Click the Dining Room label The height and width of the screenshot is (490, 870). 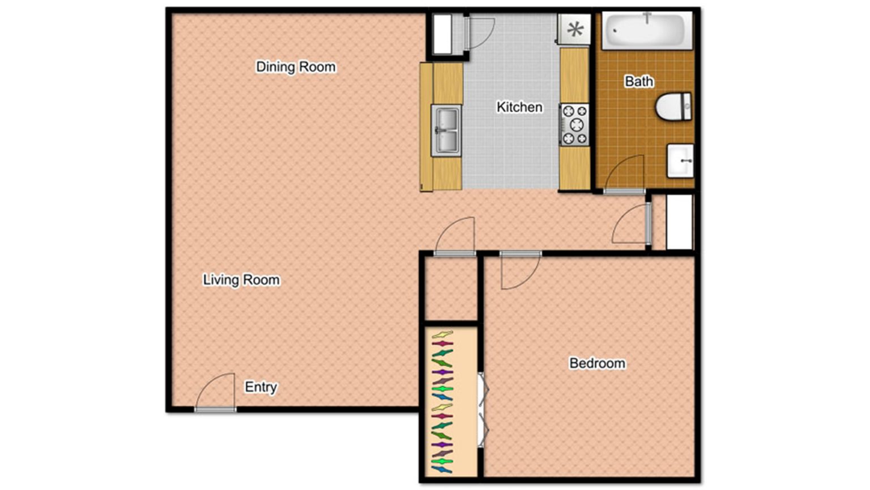tap(296, 67)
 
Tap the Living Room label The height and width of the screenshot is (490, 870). tap(241, 280)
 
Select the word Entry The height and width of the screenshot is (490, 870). tap(261, 387)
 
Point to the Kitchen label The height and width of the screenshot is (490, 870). tap(519, 107)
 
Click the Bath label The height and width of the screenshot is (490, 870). tap(639, 82)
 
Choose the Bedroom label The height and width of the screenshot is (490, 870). tap(597, 363)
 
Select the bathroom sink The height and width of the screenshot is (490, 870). tap(680, 160)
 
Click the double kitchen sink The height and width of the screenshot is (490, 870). tap(446, 130)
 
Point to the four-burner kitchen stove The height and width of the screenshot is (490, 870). tap(574, 124)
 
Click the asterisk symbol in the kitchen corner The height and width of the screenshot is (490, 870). tap(575, 29)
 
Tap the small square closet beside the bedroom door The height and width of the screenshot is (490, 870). tap(451, 288)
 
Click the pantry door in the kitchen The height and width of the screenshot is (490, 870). tap(479, 33)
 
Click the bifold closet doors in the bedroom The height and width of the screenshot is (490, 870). tap(483, 409)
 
